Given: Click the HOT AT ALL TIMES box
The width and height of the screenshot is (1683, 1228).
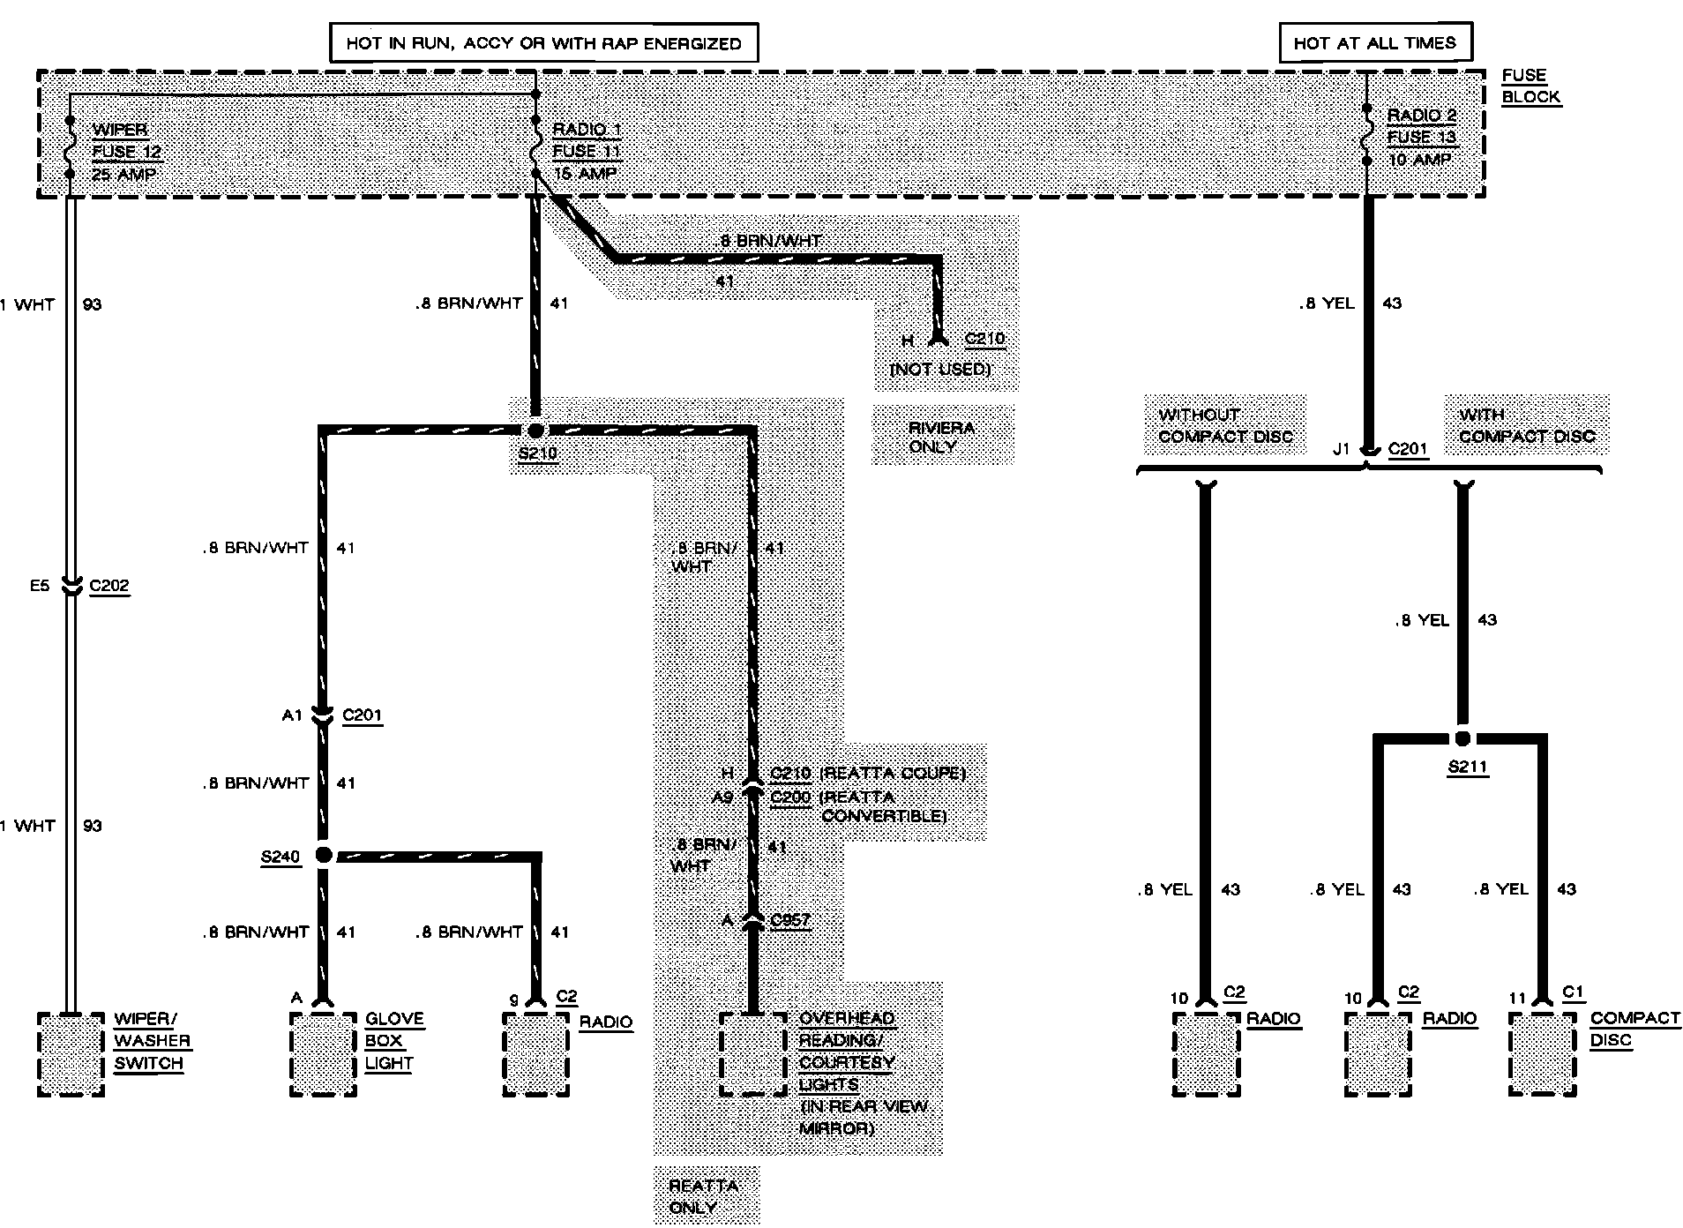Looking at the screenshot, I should pos(1374,42).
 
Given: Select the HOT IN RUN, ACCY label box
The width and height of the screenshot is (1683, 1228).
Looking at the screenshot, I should pos(543,42).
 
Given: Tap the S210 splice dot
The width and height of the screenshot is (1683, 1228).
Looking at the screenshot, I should pos(535,431).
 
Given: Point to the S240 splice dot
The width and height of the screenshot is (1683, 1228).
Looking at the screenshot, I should pos(324,854).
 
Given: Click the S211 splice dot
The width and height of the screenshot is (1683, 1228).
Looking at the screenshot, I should pos(1462,738).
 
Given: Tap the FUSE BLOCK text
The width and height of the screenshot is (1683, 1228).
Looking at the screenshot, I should pos(1530,86).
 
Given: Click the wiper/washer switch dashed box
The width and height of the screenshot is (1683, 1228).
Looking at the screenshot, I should pos(71,1054).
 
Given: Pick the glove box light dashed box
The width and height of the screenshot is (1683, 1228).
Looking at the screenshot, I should pos(324,1054).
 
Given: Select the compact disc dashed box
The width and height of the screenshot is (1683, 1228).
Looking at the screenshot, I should pos(1542,1054).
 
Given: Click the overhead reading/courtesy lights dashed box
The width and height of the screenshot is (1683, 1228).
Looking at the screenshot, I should pos(752,1054).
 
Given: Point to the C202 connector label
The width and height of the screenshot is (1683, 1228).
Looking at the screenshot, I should pos(109,586).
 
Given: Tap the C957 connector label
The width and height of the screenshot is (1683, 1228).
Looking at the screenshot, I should pos(789,920).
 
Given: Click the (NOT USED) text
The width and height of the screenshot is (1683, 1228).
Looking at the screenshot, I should pos(940,369).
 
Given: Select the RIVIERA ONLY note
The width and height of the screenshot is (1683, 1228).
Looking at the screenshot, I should pos(941,437).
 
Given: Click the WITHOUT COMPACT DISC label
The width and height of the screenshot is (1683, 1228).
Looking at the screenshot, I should pos(1225,425).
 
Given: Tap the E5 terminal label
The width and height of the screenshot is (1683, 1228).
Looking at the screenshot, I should pos(40,585).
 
